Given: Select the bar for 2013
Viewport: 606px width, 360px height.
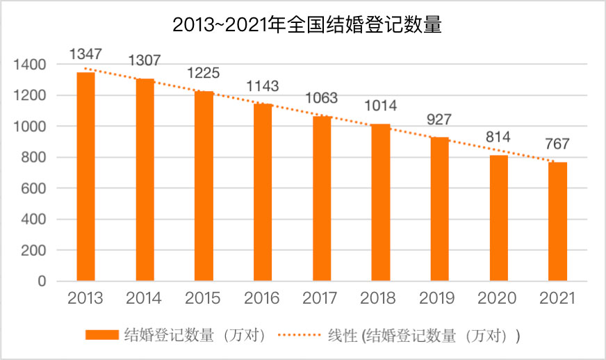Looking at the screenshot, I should (85, 177).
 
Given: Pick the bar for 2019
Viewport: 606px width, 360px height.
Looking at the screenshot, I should (439, 209).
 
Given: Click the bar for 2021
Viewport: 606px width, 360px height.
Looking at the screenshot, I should (557, 222).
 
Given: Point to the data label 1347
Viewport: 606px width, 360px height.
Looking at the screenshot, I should (85, 54).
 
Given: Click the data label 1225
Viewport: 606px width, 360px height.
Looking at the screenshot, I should (204, 72).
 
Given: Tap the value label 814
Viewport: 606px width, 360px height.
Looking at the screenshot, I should (498, 137).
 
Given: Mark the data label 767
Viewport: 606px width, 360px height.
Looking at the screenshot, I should (557, 144).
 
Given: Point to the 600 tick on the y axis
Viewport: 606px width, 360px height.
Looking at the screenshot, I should (33, 188).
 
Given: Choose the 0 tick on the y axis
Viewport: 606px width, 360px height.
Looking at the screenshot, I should (42, 281).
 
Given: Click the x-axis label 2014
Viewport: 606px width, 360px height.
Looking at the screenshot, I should (145, 299).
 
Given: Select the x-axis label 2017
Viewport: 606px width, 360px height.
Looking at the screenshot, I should (321, 299).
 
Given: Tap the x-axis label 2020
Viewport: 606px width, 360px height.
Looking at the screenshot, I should (498, 299).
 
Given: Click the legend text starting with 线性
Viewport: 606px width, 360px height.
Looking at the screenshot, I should (423, 335).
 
